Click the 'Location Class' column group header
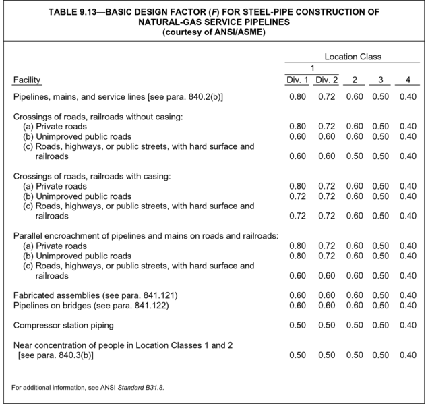[x=353, y=57]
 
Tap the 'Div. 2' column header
[x=326, y=81]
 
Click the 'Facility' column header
[x=28, y=81]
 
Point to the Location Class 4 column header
[x=407, y=81]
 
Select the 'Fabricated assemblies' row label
[x=96, y=295]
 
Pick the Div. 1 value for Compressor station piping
[x=297, y=326]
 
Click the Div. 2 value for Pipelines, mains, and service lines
[x=326, y=98]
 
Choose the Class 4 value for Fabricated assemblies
[x=407, y=295]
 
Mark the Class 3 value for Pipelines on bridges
[x=380, y=306]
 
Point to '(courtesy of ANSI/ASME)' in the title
[x=214, y=32]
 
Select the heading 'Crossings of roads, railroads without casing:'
[x=98, y=117]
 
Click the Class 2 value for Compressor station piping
[x=354, y=326]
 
